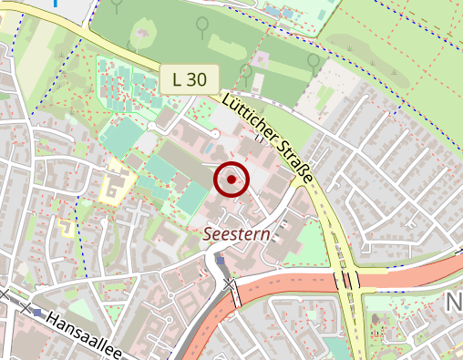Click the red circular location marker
tap(231, 180)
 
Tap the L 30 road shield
tap(189, 79)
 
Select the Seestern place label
tap(237, 234)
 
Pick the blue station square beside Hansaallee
tap(36, 311)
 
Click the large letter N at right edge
tap(453, 303)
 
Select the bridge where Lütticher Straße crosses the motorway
tap(348, 280)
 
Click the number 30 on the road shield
tap(197, 79)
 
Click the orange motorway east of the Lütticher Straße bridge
tap(410, 271)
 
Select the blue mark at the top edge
tap(57, 3)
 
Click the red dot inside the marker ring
tap(231, 180)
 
